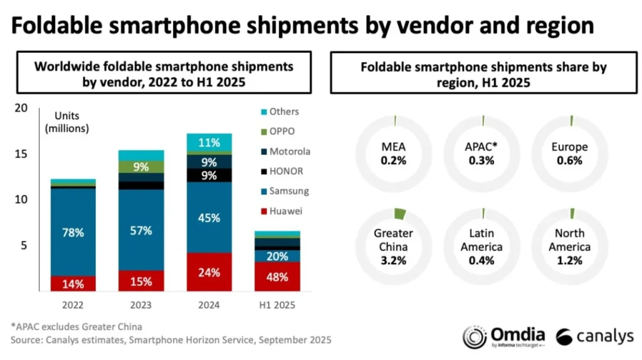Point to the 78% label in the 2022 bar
tap(73, 232)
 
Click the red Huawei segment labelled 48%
tap(276, 277)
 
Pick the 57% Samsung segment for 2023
tap(140, 230)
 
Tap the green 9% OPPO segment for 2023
tap(140, 167)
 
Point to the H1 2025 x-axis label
tap(276, 306)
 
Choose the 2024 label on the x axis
tap(209, 306)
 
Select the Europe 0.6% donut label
tap(571, 154)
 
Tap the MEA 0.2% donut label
tap(394, 154)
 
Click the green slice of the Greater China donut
tap(399, 214)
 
